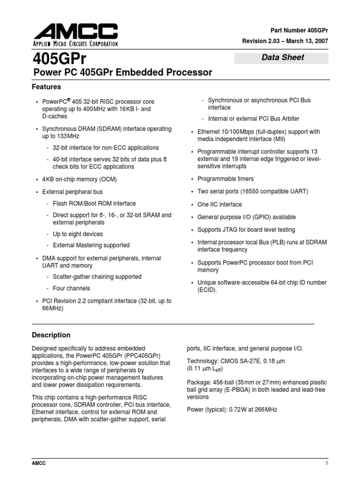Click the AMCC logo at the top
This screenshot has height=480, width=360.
(x=75, y=36)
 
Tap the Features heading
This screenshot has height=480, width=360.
(x=46, y=87)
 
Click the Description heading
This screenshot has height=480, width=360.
(x=51, y=335)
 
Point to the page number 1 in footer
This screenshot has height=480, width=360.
(x=325, y=463)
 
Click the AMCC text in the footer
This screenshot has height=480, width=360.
(x=38, y=463)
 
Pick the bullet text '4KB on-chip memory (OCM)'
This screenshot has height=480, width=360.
(x=79, y=180)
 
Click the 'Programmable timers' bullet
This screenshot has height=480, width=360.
(x=225, y=179)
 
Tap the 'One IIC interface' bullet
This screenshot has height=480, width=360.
(x=219, y=205)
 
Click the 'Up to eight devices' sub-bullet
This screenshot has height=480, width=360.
(x=77, y=234)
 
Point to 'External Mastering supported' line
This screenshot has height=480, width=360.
(x=91, y=245)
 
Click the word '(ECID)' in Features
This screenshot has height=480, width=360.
(x=207, y=290)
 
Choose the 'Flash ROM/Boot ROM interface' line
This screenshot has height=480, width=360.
(x=94, y=203)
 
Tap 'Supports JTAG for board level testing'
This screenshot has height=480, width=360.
(x=246, y=230)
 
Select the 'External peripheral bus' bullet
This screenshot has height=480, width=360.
(x=72, y=192)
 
